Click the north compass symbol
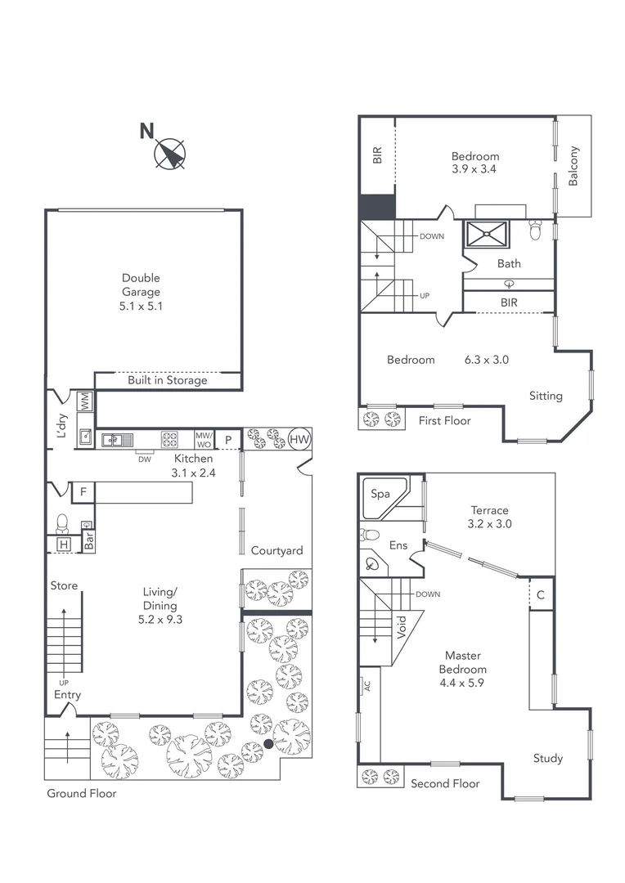[x=169, y=154]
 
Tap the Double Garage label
[x=141, y=292]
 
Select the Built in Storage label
[x=167, y=380]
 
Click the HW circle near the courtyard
[x=299, y=439]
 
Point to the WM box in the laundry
[x=84, y=401]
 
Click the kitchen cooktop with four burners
[x=169, y=439]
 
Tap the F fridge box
[x=82, y=492]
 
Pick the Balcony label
[x=573, y=166]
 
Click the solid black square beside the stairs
[x=377, y=206]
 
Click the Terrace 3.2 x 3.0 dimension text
[x=489, y=524]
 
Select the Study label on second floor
[x=547, y=758]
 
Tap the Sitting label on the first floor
[x=545, y=396]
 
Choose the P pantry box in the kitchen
[x=228, y=439]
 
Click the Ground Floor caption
[x=81, y=793]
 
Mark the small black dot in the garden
[x=269, y=744]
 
